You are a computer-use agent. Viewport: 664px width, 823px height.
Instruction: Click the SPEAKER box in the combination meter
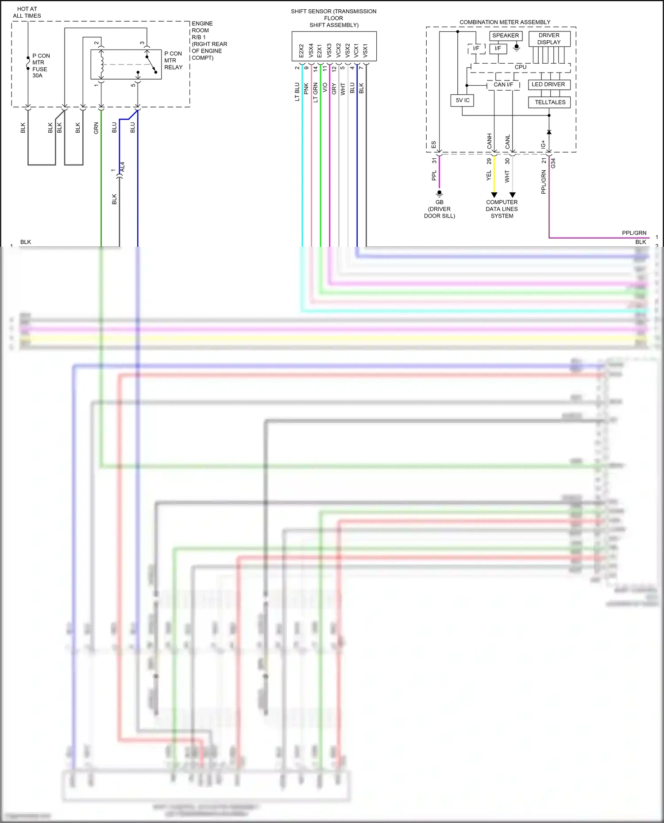506,36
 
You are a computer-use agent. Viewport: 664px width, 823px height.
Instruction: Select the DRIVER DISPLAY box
549,39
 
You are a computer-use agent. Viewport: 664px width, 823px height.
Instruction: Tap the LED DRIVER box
548,84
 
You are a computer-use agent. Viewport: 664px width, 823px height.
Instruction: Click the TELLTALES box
550,102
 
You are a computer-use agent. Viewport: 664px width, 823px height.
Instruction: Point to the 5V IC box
462,100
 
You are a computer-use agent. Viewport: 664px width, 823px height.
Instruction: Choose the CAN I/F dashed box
503,85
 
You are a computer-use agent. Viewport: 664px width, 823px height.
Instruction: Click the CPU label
521,67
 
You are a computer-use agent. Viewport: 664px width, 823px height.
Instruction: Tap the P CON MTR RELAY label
173,61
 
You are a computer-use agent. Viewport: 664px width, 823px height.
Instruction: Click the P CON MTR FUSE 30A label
40,66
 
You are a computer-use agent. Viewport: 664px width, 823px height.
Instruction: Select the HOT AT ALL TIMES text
27,12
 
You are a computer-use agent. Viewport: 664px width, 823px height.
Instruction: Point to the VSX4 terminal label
311,50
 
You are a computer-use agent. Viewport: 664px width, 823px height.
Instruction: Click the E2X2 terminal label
301,50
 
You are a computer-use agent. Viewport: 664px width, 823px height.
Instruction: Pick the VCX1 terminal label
356,50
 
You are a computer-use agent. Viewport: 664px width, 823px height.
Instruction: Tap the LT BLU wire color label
297,92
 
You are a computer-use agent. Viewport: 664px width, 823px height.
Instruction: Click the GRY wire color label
334,88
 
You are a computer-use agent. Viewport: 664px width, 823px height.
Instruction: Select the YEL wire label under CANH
489,176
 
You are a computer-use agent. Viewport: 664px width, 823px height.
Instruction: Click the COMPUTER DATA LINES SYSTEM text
502,209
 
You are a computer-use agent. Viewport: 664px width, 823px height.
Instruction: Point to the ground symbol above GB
439,193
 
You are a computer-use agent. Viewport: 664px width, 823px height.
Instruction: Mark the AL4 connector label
123,167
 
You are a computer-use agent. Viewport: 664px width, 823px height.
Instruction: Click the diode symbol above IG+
549,132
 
